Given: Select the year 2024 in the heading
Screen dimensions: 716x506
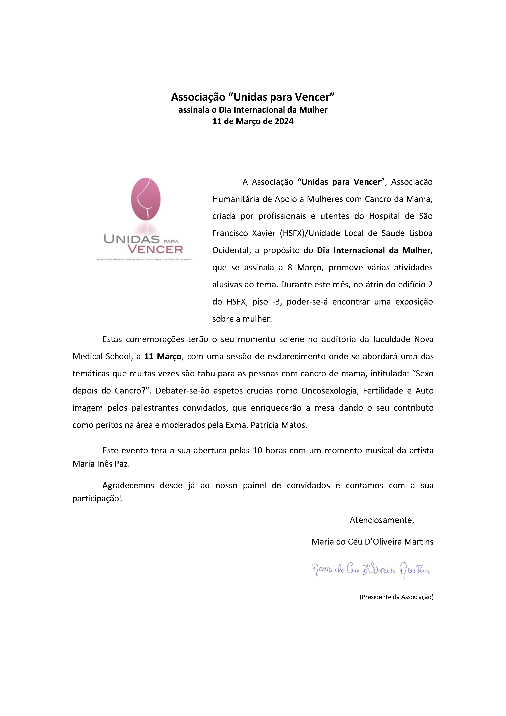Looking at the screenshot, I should (284, 121).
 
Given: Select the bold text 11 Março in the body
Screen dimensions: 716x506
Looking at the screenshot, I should (163, 356).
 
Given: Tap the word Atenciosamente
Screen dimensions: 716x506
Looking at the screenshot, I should (382, 520).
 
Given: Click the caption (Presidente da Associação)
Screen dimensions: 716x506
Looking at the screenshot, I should (396, 597).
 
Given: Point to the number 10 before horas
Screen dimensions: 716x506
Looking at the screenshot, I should (257, 451).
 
